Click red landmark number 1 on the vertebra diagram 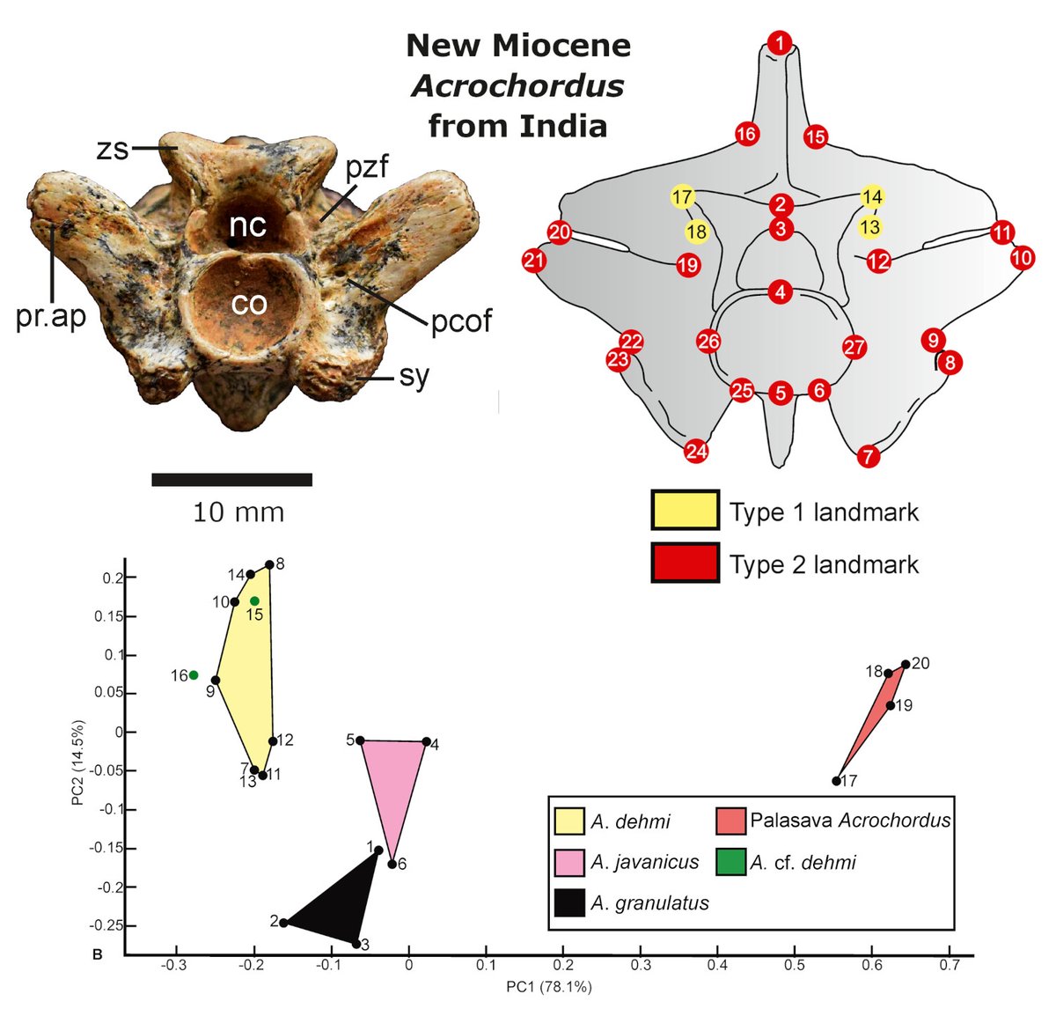pyautogui.click(x=780, y=41)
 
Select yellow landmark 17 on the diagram pyautogui.click(x=682, y=197)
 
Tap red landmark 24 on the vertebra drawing pyautogui.click(x=696, y=452)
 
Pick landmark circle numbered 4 pyautogui.click(x=780, y=292)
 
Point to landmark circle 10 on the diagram pyautogui.click(x=1022, y=258)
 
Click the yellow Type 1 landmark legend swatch pyautogui.click(x=685, y=511)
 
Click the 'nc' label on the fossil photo pyautogui.click(x=247, y=226)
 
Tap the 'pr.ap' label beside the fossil pyautogui.click(x=51, y=316)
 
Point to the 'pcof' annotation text pyautogui.click(x=461, y=321)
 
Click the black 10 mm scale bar pyautogui.click(x=231, y=480)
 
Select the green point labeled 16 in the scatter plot pyautogui.click(x=194, y=675)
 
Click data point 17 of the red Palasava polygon pyautogui.click(x=836, y=781)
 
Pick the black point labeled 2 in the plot pyautogui.click(x=283, y=923)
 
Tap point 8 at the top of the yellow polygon pyautogui.click(x=269, y=565)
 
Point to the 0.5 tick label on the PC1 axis pyautogui.click(x=794, y=964)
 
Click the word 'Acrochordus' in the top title pyautogui.click(x=517, y=86)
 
